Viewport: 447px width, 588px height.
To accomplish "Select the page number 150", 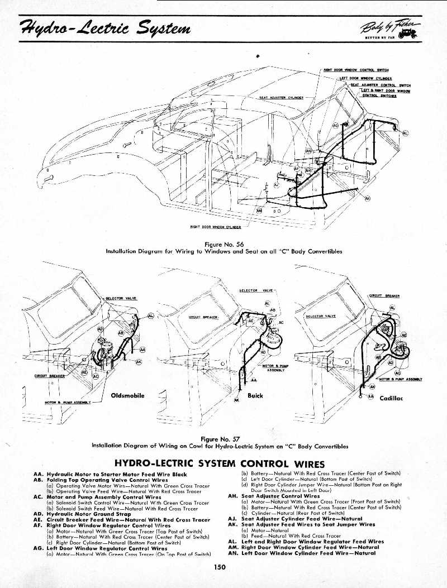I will pos(219,567).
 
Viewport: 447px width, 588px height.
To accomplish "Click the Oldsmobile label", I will pos(128,395).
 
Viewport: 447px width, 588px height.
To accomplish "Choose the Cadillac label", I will pos(392,398).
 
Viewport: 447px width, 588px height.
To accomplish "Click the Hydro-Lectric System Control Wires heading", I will pos(220,463).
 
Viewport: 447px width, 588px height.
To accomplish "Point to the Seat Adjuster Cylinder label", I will pos(281,97).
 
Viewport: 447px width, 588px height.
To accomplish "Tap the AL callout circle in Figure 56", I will pos(405,133).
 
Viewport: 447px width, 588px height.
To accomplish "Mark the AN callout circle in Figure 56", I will pos(309,151).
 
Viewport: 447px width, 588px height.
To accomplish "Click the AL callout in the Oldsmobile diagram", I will pos(150,316).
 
